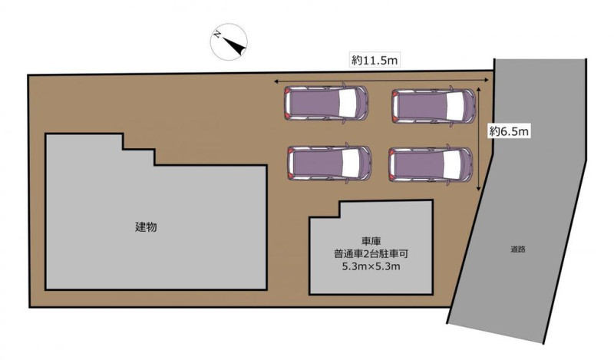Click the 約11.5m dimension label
click(375, 61)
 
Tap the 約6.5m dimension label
click(509, 131)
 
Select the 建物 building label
click(146, 226)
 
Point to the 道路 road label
click(517, 249)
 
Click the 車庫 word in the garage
click(371, 241)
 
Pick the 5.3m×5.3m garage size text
click(371, 267)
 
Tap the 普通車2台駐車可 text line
click(371, 254)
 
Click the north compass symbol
click(229, 42)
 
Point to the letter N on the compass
click(216, 35)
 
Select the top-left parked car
click(326, 104)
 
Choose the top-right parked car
click(434, 106)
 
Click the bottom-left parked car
click(329, 163)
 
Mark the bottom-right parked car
click(431, 164)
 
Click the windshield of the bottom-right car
click(451, 164)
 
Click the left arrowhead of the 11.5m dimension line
click(276, 81)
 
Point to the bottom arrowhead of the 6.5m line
click(479, 188)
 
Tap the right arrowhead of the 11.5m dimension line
click(487, 80)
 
